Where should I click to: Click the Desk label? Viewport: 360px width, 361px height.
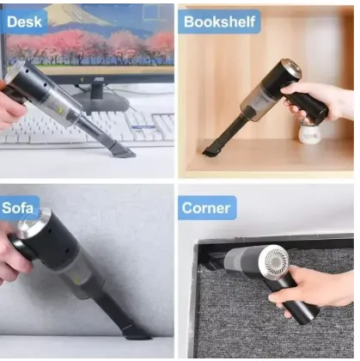coord(24,21)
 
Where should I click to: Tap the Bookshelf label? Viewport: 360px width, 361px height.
coord(219,21)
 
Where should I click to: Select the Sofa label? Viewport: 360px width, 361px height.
coord(19,208)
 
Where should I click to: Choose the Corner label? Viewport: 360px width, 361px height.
coord(207,208)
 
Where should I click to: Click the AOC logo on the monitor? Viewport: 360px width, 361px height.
coord(99,78)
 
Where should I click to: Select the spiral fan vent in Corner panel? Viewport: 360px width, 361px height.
coord(275,260)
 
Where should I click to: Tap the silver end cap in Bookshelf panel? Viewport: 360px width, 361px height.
coord(291,69)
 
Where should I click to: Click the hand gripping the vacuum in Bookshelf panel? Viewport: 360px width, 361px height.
coord(315,101)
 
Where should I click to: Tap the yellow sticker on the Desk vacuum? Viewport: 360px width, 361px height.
coord(60,110)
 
